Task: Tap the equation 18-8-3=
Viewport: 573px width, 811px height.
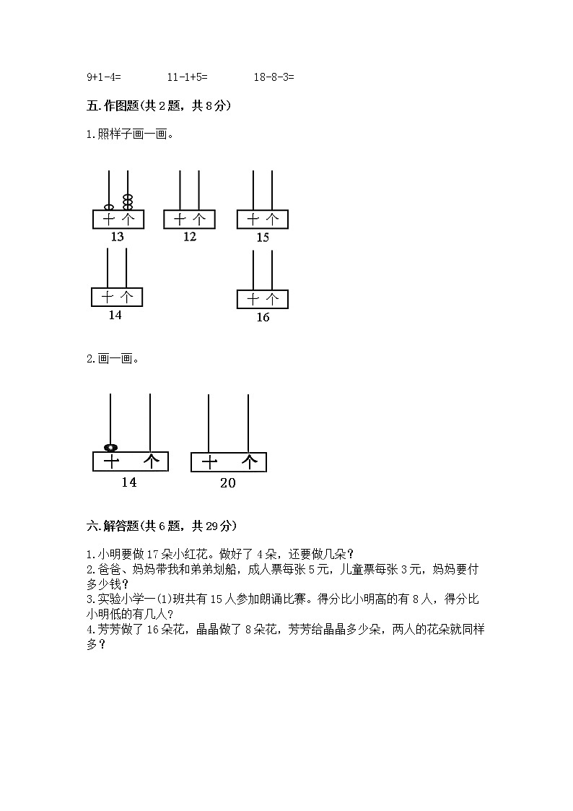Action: click(274, 77)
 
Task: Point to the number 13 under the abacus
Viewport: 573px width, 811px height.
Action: click(117, 237)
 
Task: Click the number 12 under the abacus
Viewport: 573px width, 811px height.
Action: click(189, 236)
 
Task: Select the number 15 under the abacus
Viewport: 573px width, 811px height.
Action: click(263, 238)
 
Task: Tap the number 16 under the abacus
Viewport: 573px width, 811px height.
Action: click(263, 317)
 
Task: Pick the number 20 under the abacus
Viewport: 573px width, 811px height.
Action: click(227, 483)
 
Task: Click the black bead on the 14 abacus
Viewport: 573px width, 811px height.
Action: click(110, 448)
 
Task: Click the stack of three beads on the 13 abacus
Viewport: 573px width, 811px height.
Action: click(128, 201)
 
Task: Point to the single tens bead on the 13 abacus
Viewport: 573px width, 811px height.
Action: click(108, 207)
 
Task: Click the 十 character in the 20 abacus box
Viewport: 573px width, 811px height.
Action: click(209, 462)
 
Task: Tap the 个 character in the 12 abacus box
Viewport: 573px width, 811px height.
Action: click(199, 219)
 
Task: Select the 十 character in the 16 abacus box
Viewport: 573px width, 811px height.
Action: click(253, 299)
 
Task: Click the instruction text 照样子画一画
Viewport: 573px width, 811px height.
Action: click(131, 134)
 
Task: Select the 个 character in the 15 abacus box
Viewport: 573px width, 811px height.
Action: click(272, 219)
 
